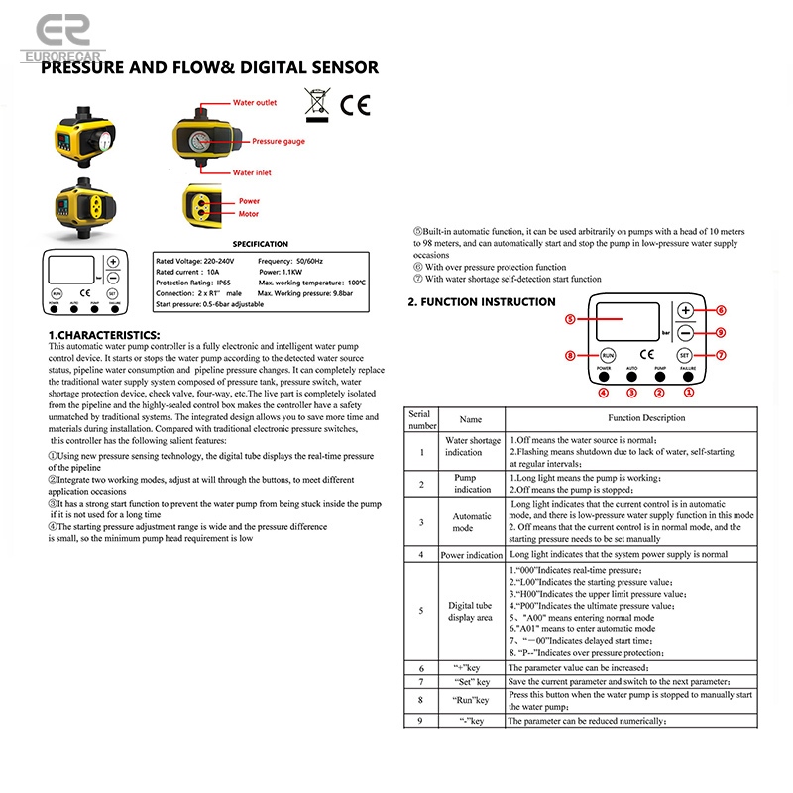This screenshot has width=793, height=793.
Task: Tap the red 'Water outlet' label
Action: click(254, 103)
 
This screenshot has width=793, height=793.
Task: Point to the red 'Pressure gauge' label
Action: click(279, 142)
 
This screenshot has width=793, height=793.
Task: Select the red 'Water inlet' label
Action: click(251, 172)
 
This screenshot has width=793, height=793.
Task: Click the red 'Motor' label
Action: click(248, 213)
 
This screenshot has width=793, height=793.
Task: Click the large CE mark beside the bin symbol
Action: click(355, 104)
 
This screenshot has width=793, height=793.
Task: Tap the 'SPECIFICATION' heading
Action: click(260, 244)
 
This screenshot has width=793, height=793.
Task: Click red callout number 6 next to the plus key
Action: click(721, 310)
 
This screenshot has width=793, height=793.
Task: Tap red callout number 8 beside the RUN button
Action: click(570, 355)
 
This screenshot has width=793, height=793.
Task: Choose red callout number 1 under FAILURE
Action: click(690, 393)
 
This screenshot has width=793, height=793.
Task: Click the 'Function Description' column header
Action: click(646, 419)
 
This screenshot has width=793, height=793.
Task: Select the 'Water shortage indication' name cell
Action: click(472, 447)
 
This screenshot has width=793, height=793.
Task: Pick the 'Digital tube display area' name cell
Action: click(470, 612)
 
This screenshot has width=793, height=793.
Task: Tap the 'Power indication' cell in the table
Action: click(472, 556)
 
